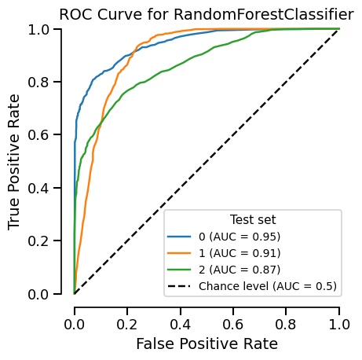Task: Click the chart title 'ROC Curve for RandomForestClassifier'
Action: click(x=207, y=14)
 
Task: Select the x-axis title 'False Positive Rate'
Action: click(x=207, y=343)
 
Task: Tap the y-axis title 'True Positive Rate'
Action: click(x=15, y=162)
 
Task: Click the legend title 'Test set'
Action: click(x=252, y=219)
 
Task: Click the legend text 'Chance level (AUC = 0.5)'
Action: click(x=268, y=285)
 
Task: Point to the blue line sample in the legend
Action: click(x=180, y=236)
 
